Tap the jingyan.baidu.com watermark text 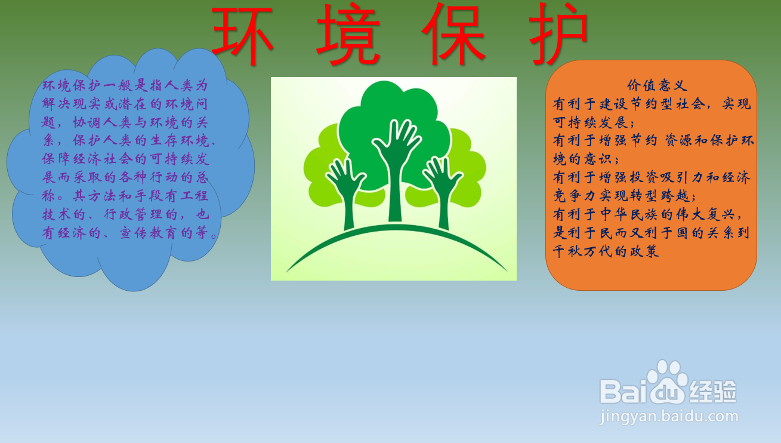point(669,416)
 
